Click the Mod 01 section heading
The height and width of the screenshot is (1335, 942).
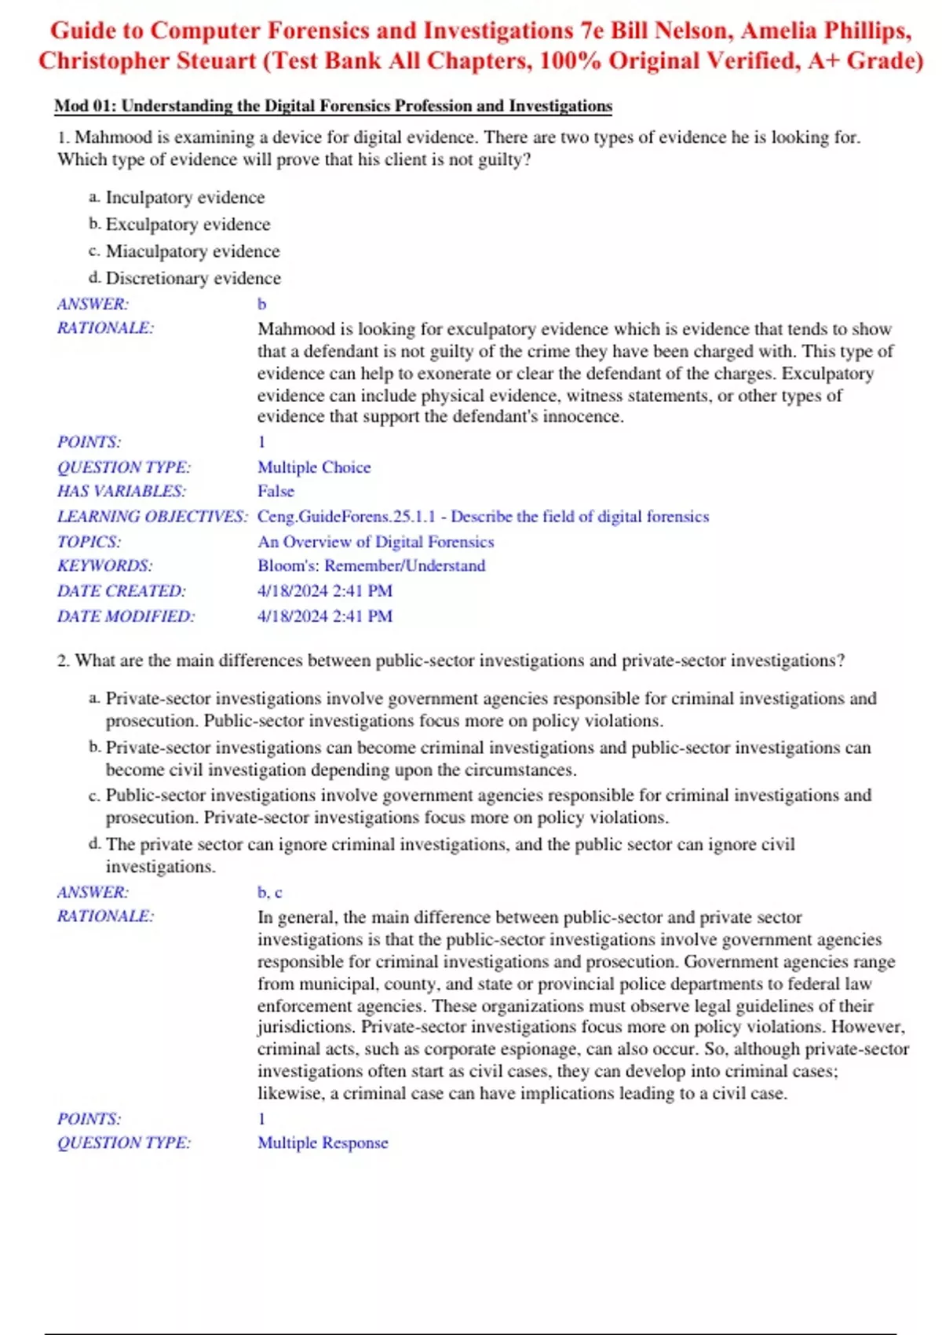click(333, 106)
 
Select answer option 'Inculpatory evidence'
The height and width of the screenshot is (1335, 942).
click(184, 198)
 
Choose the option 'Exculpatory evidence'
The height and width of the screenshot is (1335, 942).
click(188, 225)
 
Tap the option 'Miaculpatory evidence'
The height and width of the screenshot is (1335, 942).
click(192, 251)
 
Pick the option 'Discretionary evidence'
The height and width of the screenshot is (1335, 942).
click(193, 278)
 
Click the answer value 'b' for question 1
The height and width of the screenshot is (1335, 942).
click(262, 304)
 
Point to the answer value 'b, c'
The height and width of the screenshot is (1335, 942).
click(269, 892)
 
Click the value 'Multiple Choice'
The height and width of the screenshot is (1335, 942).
click(314, 467)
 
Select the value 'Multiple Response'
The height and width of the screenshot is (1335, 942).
click(323, 1143)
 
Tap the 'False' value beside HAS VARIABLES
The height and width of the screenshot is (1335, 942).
click(276, 492)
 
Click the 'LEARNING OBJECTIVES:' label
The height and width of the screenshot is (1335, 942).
click(152, 517)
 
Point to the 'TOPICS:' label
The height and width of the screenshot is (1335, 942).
click(89, 542)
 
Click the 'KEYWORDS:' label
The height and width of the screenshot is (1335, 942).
click(104, 566)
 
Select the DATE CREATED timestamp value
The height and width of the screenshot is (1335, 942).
click(325, 591)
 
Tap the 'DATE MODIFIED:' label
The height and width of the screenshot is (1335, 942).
click(126, 616)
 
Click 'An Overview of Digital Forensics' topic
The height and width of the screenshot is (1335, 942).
click(375, 542)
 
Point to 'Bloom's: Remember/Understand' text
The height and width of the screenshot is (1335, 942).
click(371, 566)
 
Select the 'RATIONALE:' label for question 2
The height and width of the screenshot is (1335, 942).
click(105, 916)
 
